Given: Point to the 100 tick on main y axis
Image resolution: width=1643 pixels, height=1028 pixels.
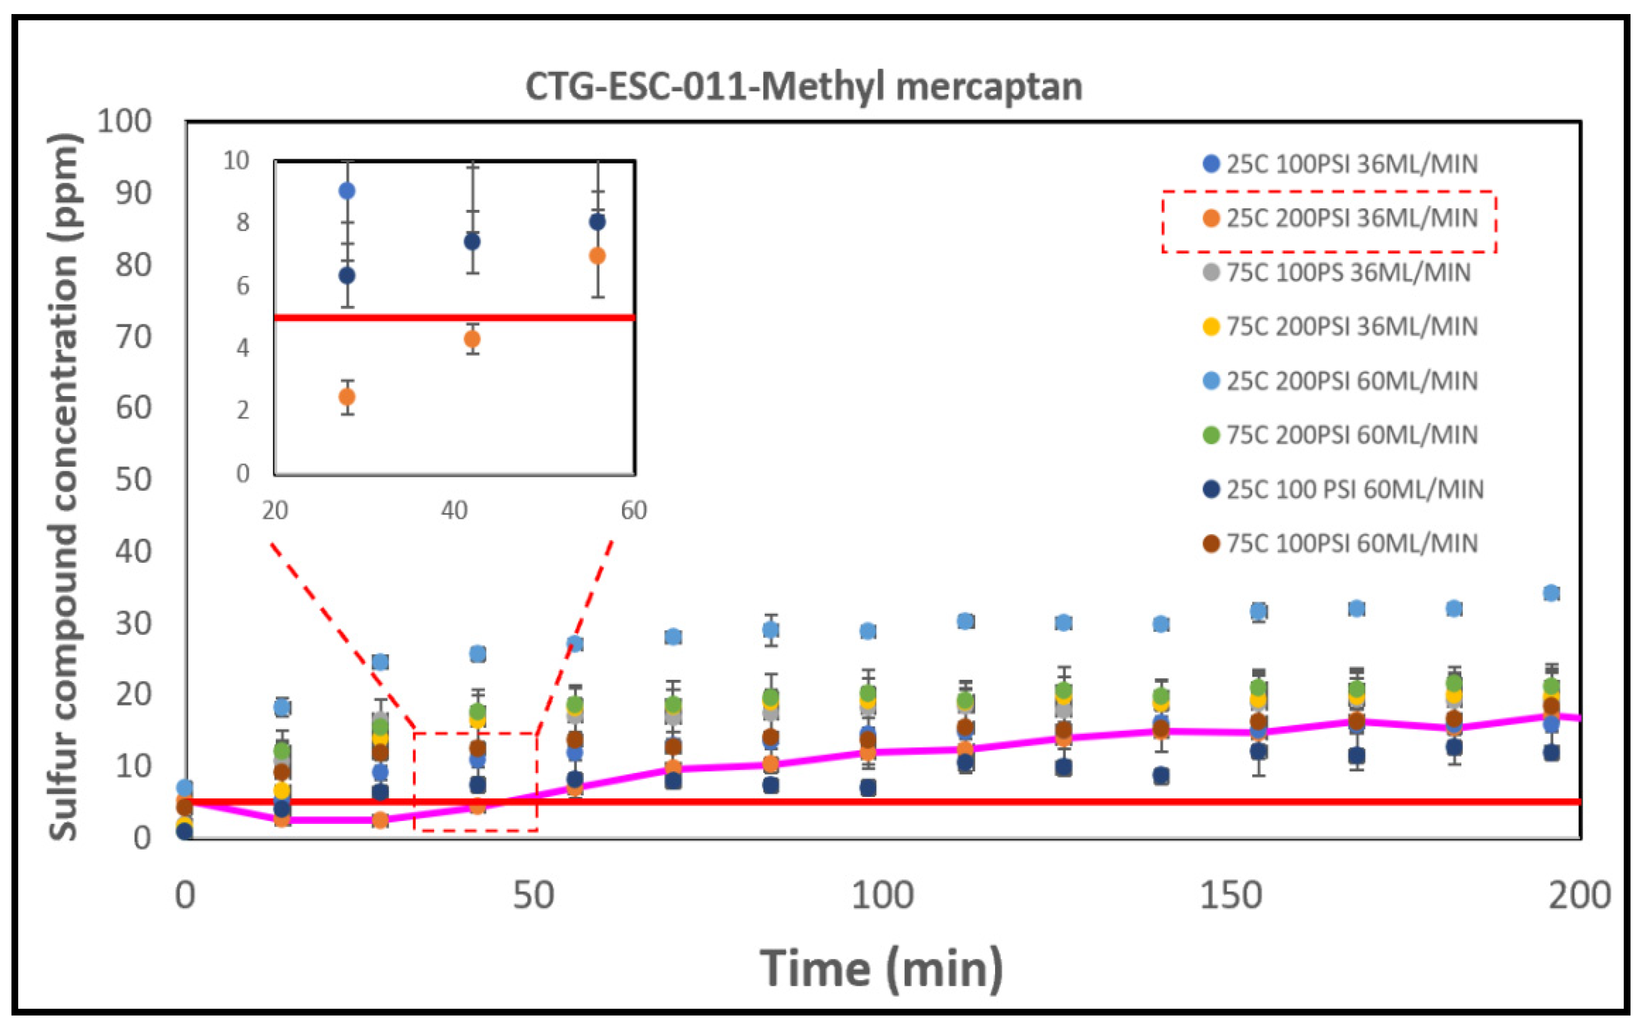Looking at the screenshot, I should (124, 122).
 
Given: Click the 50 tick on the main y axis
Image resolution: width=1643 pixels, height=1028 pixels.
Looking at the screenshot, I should (133, 480).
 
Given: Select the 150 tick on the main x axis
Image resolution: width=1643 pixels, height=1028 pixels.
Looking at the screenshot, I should (1230, 895).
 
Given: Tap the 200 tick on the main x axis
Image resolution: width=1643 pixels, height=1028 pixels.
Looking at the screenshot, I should (1579, 895).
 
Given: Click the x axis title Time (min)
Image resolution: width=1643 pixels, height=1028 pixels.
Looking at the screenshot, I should (881, 968).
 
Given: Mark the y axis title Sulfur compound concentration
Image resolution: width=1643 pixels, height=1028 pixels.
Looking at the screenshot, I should (65, 486).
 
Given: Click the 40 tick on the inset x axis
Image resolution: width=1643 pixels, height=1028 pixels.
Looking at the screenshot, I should (454, 510).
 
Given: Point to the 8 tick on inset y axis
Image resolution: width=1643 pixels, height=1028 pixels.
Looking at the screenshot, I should (243, 223).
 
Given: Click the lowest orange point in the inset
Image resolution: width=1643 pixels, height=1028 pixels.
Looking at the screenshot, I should (347, 397).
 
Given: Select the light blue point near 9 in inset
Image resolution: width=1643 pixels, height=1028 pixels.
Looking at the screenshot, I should (347, 191).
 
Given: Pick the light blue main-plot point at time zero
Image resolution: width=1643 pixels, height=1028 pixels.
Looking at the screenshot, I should (184, 788).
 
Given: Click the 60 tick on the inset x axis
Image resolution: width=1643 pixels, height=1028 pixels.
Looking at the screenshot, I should (633, 510).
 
